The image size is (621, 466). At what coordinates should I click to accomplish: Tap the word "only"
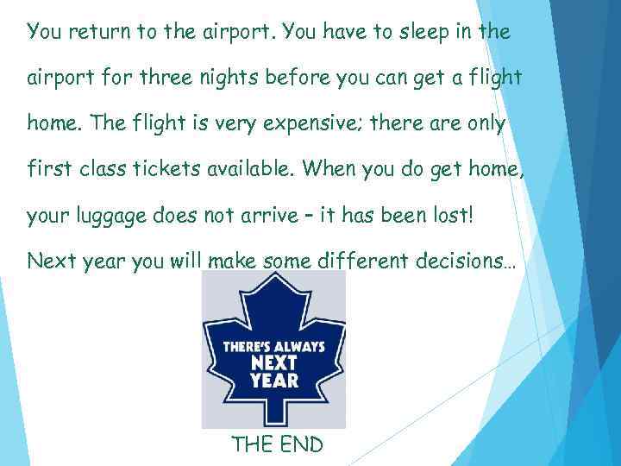tap(485, 124)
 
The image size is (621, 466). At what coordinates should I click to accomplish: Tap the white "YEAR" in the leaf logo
tap(274, 380)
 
